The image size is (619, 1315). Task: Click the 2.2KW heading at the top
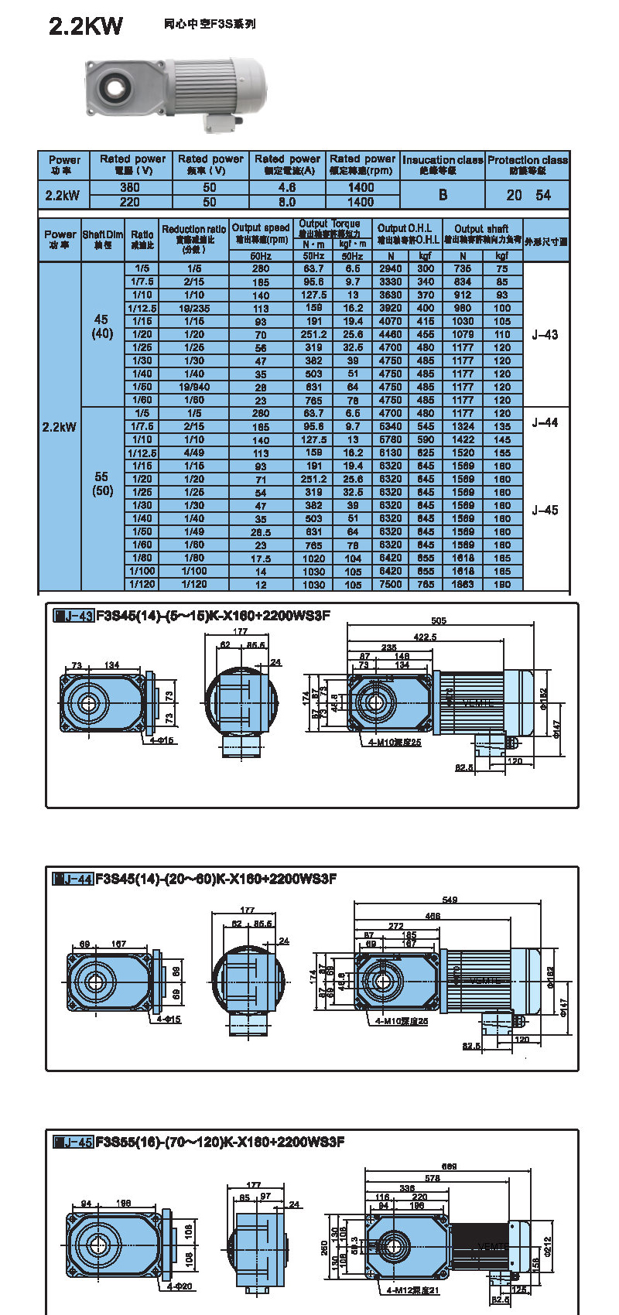click(x=86, y=26)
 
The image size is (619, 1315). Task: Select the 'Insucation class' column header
click(x=443, y=165)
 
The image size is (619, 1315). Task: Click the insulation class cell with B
click(x=443, y=195)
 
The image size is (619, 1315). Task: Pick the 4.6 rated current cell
click(x=287, y=188)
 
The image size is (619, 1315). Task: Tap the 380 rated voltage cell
click(x=130, y=188)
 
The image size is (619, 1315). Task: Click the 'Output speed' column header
click(x=261, y=233)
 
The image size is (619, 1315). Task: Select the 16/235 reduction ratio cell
click(x=194, y=309)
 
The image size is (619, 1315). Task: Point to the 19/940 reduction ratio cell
click(x=194, y=388)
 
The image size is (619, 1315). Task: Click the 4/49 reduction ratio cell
click(x=194, y=453)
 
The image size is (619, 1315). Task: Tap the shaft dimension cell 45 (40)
click(x=102, y=326)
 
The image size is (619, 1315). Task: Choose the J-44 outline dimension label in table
click(x=545, y=423)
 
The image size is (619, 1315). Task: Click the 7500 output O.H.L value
click(x=391, y=585)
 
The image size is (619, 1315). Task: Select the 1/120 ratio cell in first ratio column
click(x=142, y=585)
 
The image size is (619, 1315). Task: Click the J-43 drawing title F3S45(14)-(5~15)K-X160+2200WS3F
click(x=214, y=617)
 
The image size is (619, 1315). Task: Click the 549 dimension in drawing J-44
click(x=450, y=900)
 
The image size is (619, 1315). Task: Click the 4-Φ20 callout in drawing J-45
click(x=180, y=1286)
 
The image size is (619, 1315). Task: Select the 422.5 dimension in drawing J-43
click(x=425, y=637)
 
